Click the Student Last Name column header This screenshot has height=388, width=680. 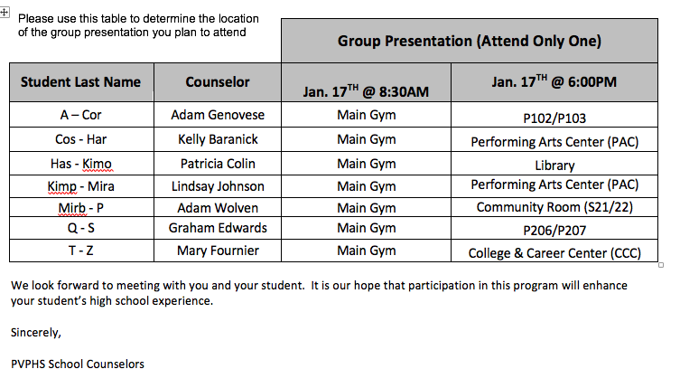click(x=80, y=82)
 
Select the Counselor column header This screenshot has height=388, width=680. click(x=218, y=82)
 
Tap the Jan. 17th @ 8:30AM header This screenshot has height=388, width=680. click(x=366, y=91)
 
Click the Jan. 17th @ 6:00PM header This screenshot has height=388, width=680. click(x=554, y=81)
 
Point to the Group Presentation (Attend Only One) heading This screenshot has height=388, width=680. click(x=470, y=41)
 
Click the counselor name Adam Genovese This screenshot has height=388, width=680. click(x=218, y=115)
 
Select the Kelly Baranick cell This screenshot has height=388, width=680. click(x=218, y=139)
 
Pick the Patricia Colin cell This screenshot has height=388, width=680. click(x=218, y=164)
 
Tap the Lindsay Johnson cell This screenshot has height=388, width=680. click(x=218, y=186)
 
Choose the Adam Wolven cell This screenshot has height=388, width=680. click(x=218, y=208)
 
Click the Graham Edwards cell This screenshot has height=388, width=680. click(x=218, y=228)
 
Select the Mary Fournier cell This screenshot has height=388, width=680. click(x=218, y=251)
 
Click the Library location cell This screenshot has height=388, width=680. click(x=554, y=166)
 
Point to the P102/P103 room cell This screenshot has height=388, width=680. click(x=554, y=118)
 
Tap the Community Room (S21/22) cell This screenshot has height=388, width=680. click(x=554, y=207)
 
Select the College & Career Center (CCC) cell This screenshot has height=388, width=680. click(x=554, y=253)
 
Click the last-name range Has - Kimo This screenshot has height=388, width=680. click(x=81, y=164)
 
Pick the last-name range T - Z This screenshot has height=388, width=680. click(x=81, y=251)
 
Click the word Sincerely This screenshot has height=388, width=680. click(x=35, y=333)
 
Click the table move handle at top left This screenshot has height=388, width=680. click(x=5, y=12)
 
